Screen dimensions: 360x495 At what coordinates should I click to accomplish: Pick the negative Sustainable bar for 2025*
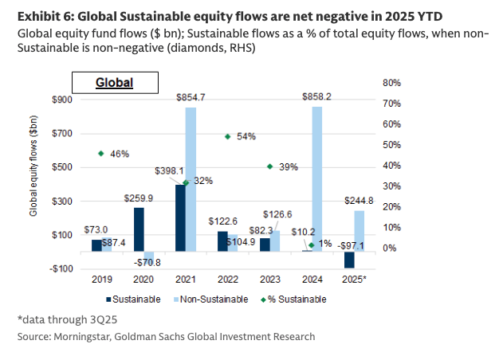tap(349, 260)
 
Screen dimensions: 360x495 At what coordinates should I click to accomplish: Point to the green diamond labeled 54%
tap(228, 137)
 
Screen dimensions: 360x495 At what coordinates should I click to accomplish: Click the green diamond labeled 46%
tap(101, 153)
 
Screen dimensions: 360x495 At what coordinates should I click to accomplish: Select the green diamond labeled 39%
tap(270, 166)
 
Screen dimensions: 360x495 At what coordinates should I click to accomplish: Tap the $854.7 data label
tap(191, 97)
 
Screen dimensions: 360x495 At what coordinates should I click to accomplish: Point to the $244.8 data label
tap(359, 201)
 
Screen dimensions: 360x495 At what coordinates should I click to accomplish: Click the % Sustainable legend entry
tap(293, 299)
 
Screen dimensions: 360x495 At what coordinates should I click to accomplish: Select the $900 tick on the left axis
tap(61, 100)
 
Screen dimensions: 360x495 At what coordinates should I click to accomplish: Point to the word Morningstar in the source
tap(82, 337)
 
